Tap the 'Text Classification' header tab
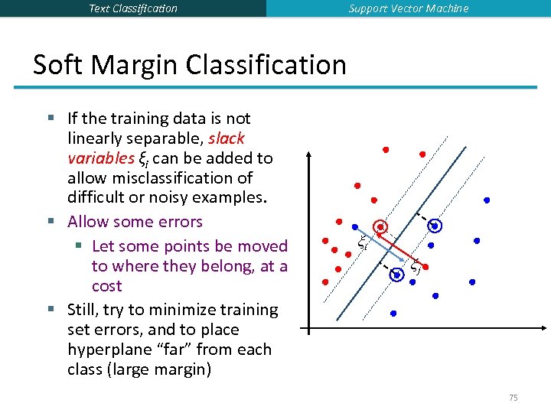(x=132, y=8)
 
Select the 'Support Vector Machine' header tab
(x=408, y=8)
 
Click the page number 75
(x=513, y=398)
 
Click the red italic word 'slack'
(x=226, y=138)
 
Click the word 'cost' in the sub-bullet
(x=106, y=286)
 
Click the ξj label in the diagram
(x=416, y=267)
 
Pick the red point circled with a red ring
(x=380, y=227)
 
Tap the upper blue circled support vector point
(x=435, y=226)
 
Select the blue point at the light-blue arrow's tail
(x=354, y=226)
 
